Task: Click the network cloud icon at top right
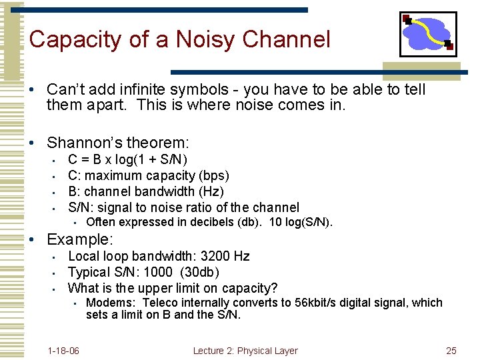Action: click(x=427, y=34)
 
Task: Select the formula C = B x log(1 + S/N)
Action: click(x=128, y=159)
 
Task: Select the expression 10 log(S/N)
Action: click(x=301, y=223)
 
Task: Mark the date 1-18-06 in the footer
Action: click(x=64, y=351)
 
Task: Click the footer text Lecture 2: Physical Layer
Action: click(x=245, y=351)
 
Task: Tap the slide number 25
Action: click(x=451, y=351)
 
